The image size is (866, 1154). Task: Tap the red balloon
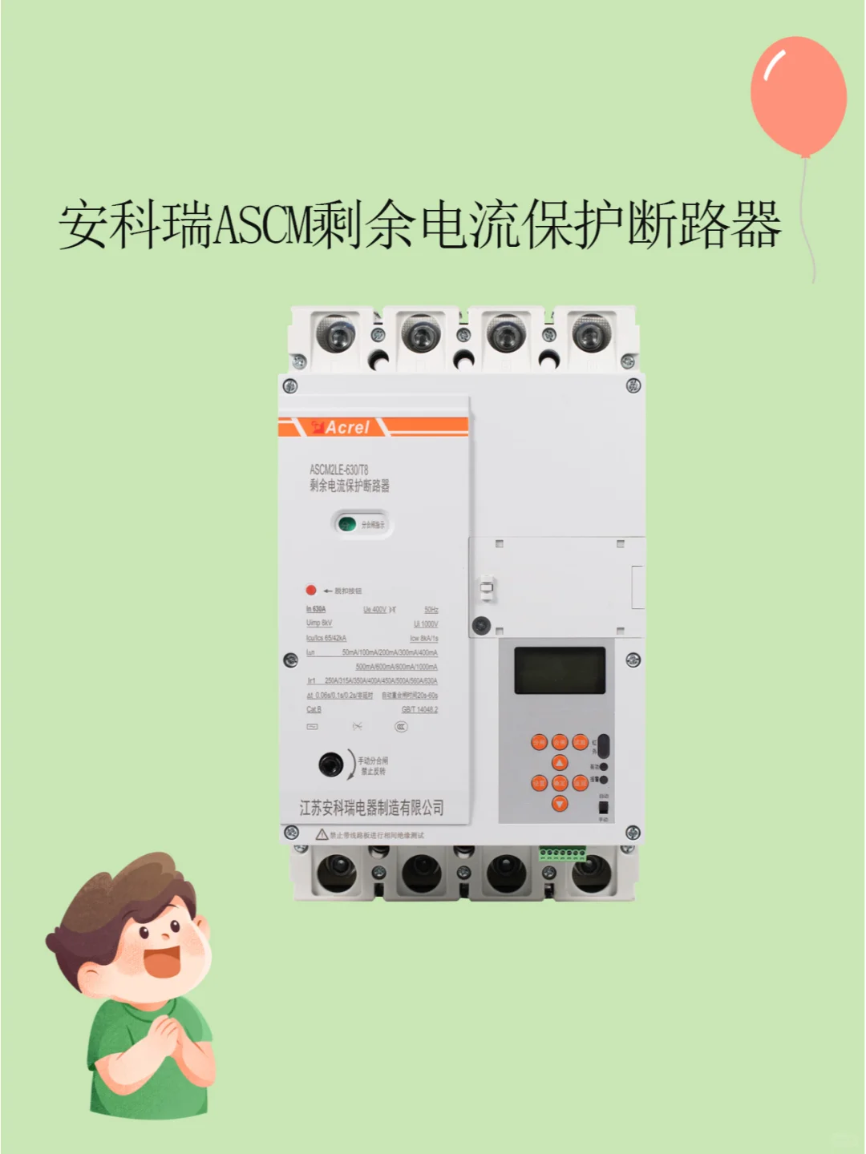[x=798, y=96]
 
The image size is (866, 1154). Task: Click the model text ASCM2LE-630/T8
[x=338, y=470]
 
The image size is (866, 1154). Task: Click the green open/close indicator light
[x=347, y=525]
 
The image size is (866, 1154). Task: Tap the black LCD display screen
[x=560, y=670]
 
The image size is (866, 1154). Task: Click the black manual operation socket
[x=330, y=765]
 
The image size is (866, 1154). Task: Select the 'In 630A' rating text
[x=316, y=610]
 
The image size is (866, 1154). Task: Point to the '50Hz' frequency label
[x=431, y=610]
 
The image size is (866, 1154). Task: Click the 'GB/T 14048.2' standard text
[x=419, y=709]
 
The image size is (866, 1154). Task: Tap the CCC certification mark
[x=401, y=727]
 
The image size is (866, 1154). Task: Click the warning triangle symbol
[x=322, y=834]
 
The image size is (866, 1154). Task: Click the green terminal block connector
[x=561, y=853]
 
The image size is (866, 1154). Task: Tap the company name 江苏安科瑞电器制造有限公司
[x=371, y=808]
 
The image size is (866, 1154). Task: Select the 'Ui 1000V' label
[x=426, y=623]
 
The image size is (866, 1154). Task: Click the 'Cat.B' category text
[x=314, y=709]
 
